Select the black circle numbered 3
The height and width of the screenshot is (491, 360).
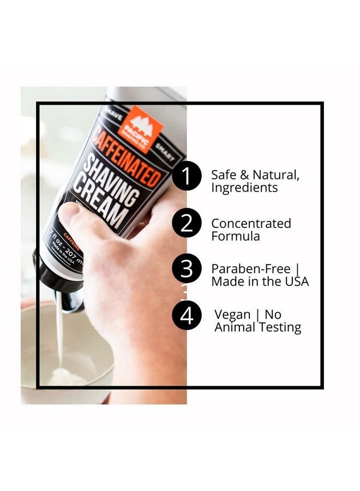[187, 270]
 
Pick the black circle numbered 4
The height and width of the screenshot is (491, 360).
[187, 316]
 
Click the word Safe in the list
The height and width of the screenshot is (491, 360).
[224, 176]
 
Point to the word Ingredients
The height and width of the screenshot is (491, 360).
[244, 188]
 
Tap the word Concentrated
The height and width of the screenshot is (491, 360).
[251, 224]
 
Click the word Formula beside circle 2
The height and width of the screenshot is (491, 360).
[235, 236]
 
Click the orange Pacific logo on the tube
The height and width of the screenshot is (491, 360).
[143, 127]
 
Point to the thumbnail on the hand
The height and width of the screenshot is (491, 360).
[68, 213]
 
